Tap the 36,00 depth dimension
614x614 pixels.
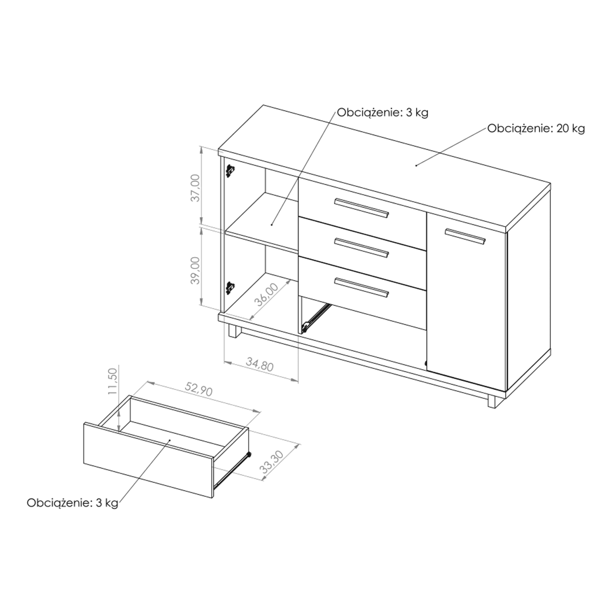point(267,294)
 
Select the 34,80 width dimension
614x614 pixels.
point(260,364)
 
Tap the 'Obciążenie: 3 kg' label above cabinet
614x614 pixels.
point(382,113)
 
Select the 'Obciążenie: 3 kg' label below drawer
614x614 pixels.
point(72,503)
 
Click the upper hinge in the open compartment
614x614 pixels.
point(230,171)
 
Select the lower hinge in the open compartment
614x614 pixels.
point(230,288)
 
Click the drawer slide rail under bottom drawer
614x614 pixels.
point(315,317)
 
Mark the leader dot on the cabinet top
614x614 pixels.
point(416,165)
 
